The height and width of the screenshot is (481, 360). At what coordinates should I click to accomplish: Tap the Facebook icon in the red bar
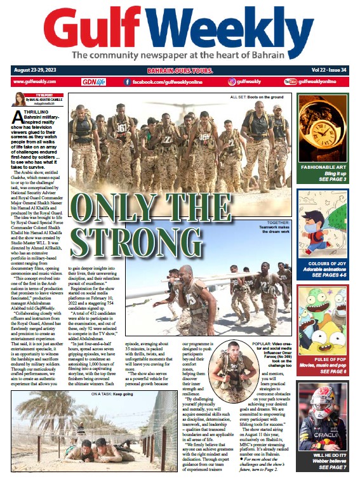pyautogui.click(x=128, y=82)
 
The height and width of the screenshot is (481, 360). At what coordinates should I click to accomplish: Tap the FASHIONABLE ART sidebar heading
pyautogui.click(x=323, y=166)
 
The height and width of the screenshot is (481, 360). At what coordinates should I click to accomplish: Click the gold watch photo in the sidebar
pyautogui.click(x=323, y=127)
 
